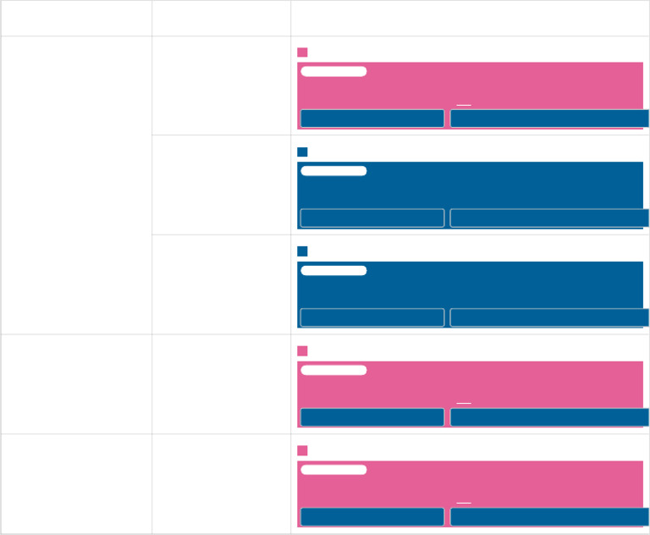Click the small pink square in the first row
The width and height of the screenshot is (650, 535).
302,52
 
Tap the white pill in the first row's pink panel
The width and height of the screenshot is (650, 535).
333,71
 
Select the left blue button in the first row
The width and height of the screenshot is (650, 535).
372,119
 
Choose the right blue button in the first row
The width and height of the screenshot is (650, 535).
549,119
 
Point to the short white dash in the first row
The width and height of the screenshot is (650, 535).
463,105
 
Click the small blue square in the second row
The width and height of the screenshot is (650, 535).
302,152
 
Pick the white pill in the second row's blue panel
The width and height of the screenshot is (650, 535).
333,171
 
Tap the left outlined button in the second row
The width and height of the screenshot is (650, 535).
372,218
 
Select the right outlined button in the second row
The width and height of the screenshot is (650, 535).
549,218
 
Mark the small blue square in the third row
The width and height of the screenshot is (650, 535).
302,251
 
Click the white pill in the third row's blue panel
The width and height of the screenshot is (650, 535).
333,271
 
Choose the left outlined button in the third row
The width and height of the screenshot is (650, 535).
372,317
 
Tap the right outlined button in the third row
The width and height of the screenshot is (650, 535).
549,317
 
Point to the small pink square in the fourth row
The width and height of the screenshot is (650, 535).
302,351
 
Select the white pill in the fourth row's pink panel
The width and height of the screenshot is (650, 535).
333,370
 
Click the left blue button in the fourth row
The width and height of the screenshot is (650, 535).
372,417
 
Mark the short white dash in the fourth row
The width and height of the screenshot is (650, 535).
463,403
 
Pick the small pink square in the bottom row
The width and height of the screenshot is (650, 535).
302,451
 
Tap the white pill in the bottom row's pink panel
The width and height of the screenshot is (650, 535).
333,470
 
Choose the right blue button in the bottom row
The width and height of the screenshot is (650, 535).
549,517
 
